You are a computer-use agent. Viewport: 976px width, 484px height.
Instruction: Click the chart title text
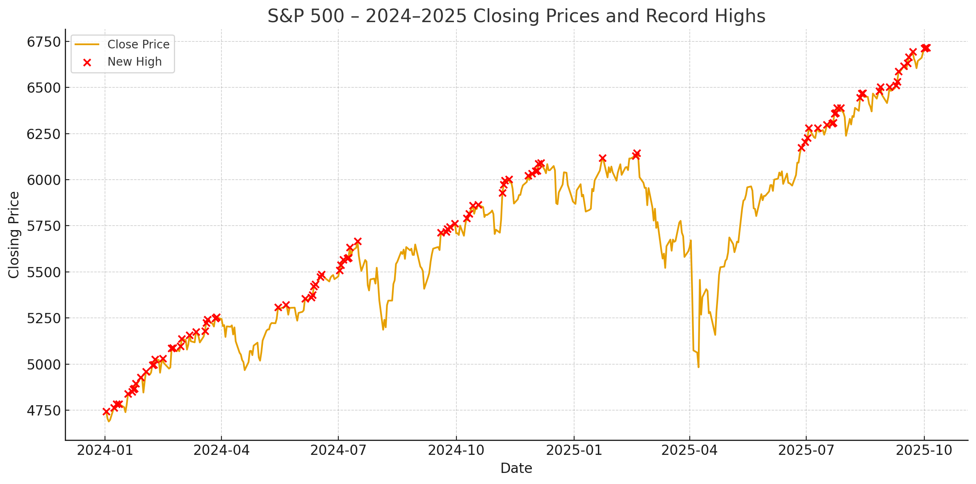point(516,16)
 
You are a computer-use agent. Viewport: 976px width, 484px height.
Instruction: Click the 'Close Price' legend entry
point(138,44)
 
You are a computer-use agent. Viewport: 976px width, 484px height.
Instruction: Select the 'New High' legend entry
point(135,62)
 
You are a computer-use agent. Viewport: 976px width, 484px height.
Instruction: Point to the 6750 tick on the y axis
point(43,42)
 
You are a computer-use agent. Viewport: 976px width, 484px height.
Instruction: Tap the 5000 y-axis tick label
point(43,364)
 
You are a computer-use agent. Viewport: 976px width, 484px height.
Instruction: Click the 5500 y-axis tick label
point(43,272)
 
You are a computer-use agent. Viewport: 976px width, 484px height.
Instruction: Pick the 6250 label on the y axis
point(43,134)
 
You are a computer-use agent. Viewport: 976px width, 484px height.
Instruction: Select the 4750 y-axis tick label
point(43,410)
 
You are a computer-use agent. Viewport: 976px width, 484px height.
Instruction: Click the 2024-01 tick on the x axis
point(105,450)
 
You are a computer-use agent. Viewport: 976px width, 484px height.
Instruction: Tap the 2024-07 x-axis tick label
point(338,450)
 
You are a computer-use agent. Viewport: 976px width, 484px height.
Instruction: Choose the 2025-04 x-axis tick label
point(690,450)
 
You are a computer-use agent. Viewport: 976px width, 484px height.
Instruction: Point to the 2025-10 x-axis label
point(924,450)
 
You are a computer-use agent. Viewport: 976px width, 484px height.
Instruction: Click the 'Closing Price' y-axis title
point(14,235)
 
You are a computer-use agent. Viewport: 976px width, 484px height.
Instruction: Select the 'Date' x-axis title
point(516,468)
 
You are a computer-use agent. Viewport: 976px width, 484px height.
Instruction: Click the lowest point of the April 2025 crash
point(698,367)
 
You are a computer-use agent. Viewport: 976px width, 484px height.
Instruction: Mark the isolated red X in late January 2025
point(602,158)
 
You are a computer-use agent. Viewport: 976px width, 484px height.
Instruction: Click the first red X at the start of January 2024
point(106,411)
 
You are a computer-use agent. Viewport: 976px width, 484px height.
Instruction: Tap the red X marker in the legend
point(87,62)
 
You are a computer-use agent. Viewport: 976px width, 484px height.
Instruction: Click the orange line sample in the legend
point(87,44)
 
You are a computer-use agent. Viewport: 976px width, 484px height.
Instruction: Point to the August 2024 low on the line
point(383,329)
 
